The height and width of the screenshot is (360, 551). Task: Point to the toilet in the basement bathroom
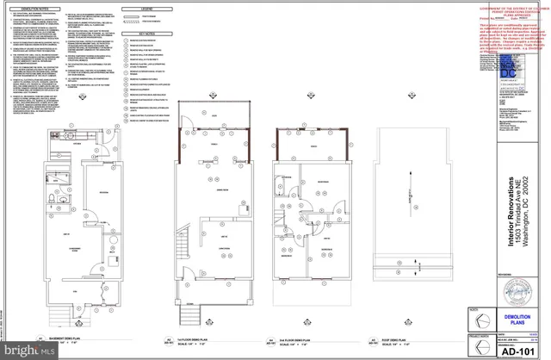52,201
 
